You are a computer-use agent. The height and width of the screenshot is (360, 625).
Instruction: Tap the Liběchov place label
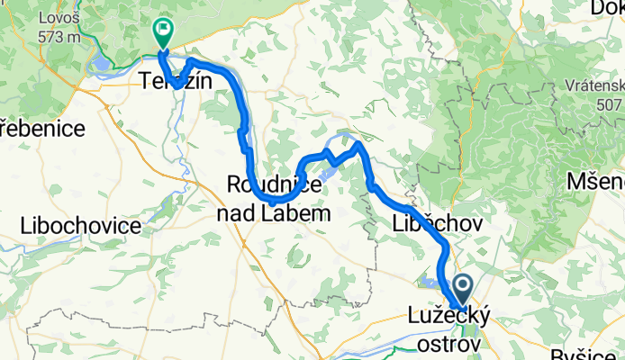(x=439, y=222)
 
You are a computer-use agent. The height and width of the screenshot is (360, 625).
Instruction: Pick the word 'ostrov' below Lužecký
(x=449, y=345)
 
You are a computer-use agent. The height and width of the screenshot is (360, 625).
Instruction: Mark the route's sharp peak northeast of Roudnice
(x=358, y=143)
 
